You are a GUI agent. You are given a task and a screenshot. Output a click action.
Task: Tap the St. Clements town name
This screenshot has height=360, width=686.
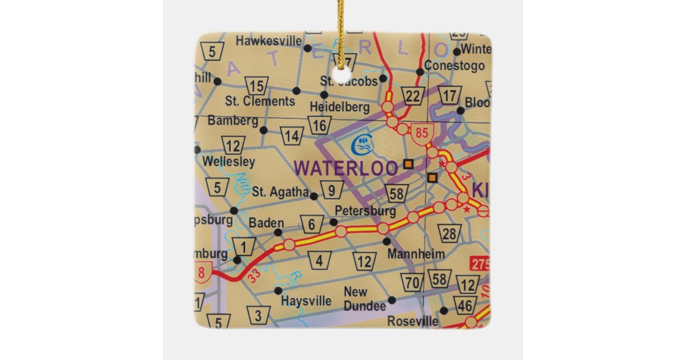260,101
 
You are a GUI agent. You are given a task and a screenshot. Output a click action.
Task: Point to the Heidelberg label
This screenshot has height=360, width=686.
340,107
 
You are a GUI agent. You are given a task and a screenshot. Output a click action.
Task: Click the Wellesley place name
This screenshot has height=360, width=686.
229,161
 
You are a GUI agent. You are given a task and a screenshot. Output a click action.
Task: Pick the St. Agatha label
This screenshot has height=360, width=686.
280,192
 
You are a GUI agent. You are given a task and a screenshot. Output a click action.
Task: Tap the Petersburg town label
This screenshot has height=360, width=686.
365,211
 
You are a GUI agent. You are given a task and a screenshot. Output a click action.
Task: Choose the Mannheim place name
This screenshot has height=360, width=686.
408,253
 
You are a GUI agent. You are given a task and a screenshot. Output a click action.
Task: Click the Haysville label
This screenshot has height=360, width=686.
307,301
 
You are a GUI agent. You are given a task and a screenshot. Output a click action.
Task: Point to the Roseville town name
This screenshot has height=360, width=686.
413,321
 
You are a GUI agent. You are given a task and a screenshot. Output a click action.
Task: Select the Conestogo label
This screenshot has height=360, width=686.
454,65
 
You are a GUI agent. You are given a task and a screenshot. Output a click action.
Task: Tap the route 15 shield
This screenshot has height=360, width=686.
257,86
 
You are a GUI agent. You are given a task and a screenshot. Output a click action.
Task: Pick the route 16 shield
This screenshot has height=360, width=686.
320,125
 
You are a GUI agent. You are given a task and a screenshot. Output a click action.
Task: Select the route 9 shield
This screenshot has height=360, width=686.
332,189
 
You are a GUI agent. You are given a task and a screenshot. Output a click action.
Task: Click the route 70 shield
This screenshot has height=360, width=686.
412,282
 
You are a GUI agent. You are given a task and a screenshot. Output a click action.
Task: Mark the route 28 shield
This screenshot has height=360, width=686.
450,233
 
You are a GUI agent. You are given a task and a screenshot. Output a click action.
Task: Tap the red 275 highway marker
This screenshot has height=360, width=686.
480,264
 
